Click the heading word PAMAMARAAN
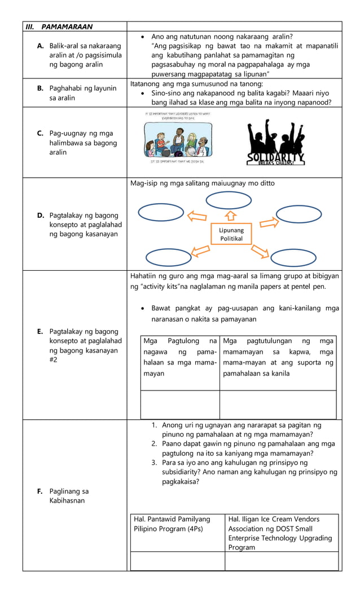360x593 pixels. [x=67, y=27]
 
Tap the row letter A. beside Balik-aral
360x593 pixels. [x=41, y=46]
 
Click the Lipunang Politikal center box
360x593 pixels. [x=231, y=234]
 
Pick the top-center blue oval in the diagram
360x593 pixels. [x=225, y=200]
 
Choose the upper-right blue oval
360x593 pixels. [x=298, y=213]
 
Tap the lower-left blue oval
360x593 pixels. [x=168, y=257]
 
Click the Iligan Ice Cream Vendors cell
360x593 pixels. [x=281, y=533]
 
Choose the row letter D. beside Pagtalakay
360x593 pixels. [x=41, y=215]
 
